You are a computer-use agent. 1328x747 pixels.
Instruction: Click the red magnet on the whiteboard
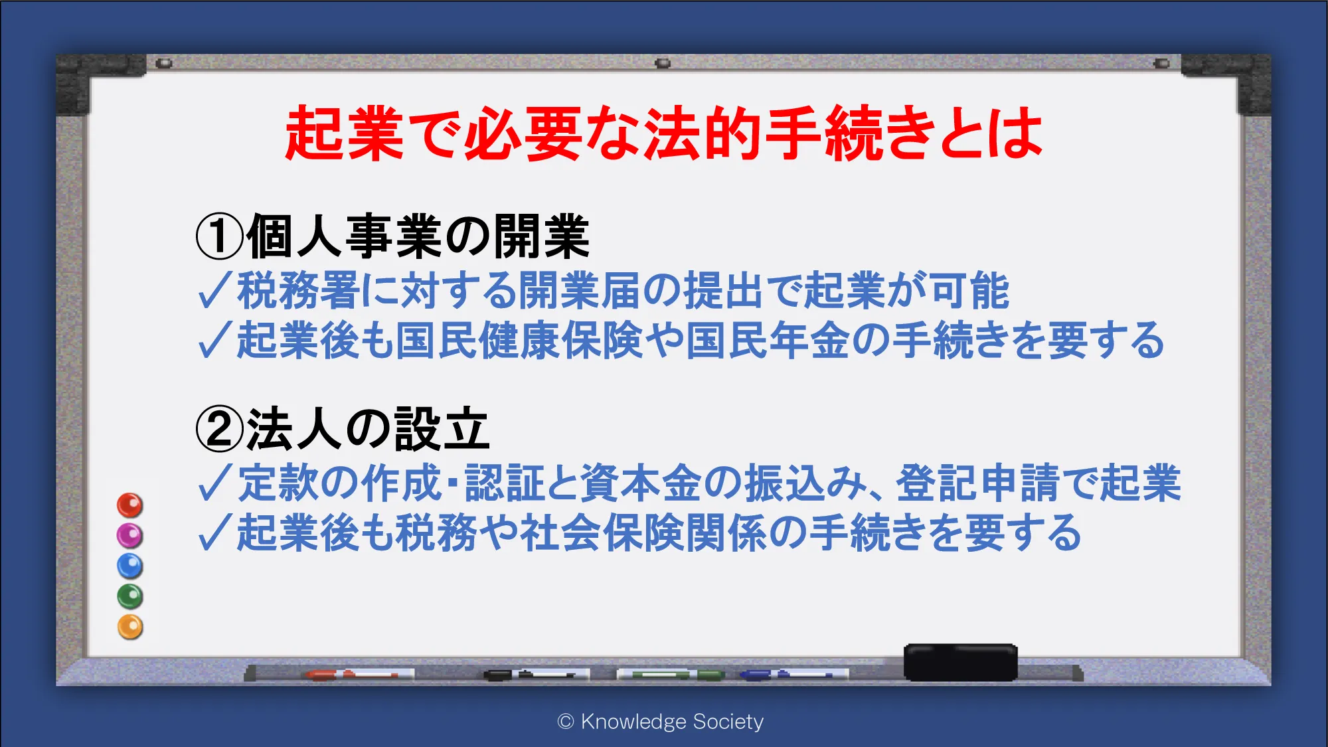click(x=130, y=505)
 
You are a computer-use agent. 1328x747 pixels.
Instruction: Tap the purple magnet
click(x=130, y=535)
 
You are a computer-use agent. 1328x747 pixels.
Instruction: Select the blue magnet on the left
click(x=130, y=566)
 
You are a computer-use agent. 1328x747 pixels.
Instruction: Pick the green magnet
click(x=130, y=596)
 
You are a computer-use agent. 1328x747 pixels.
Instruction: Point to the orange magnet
click(x=130, y=627)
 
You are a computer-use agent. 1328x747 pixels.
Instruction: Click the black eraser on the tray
click(x=960, y=662)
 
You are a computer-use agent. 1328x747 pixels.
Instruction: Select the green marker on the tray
click(x=671, y=675)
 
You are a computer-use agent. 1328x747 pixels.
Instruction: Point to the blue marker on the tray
click(x=794, y=675)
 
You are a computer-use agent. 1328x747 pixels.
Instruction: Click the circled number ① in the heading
click(x=220, y=237)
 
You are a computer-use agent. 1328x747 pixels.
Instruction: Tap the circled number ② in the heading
click(x=220, y=429)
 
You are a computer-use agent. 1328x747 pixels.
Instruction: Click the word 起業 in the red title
click(x=344, y=133)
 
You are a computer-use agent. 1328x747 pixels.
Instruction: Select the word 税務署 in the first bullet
click(x=298, y=291)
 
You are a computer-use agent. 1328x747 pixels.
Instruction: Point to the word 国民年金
click(x=767, y=340)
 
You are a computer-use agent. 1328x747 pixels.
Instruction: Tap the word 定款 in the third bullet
click(x=278, y=483)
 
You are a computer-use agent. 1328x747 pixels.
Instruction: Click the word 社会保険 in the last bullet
click(x=602, y=533)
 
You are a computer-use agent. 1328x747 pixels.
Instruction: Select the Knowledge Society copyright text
click(x=661, y=721)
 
